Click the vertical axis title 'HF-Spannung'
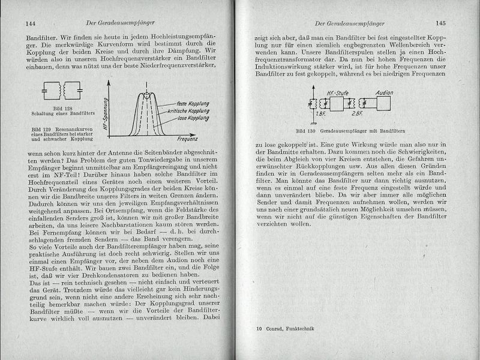(105, 114)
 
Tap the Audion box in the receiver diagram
(385, 103)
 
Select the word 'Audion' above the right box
(384, 92)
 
